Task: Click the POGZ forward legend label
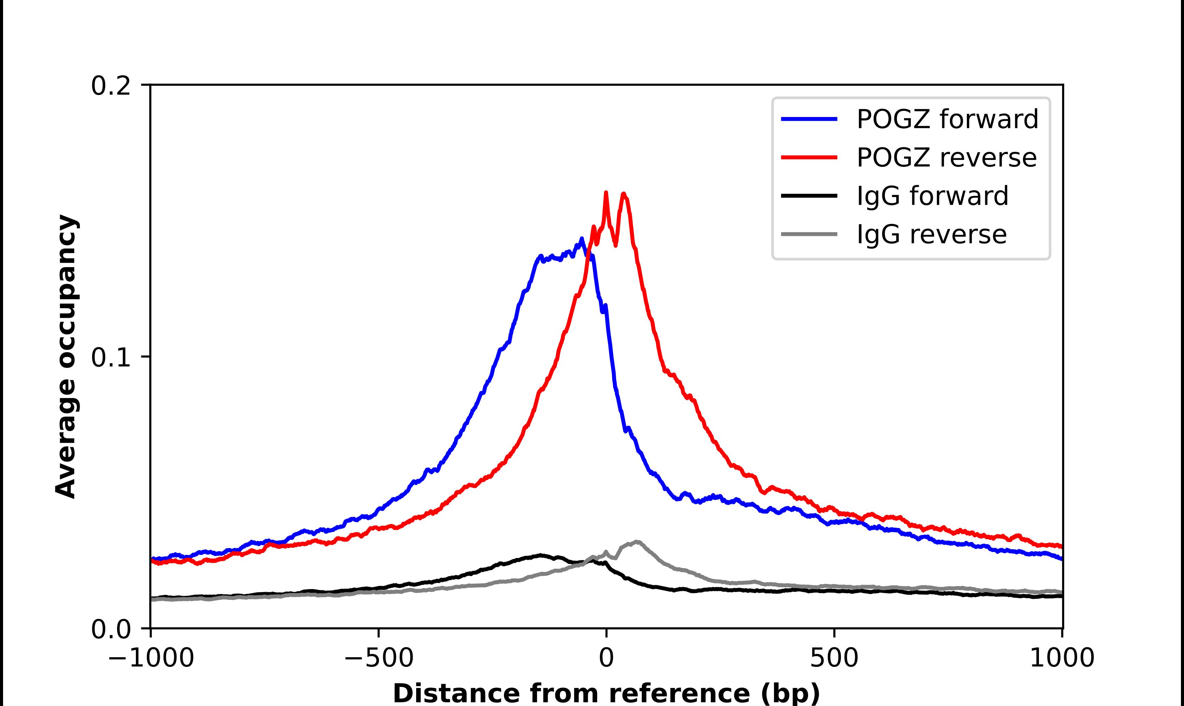coord(947,119)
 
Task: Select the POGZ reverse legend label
coord(946,158)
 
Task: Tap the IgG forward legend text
coord(932,196)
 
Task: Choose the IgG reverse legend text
coord(931,235)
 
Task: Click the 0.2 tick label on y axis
coord(111,86)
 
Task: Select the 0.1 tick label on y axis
coord(111,357)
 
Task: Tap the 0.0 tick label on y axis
coord(111,629)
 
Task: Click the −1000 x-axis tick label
coord(151,659)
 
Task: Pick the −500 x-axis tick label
coord(379,659)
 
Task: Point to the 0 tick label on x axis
coord(607,659)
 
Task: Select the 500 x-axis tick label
coord(834,659)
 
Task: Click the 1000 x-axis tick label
coord(1062,659)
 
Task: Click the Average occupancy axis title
coord(66,357)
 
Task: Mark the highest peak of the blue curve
coord(581,239)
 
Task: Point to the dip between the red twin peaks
coord(616,245)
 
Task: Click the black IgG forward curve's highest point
coord(540,555)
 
